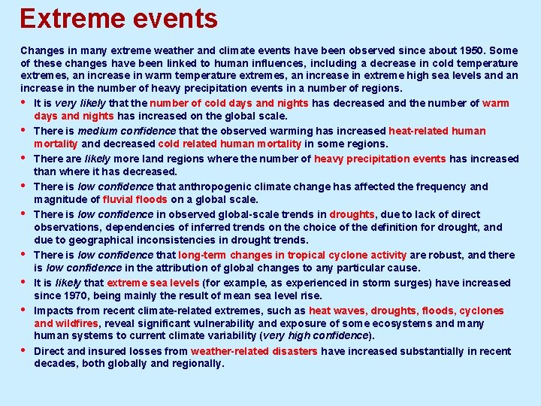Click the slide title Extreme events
point(119,18)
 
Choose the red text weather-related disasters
point(255,351)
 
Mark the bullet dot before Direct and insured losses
point(24,351)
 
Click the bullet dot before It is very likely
point(24,103)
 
